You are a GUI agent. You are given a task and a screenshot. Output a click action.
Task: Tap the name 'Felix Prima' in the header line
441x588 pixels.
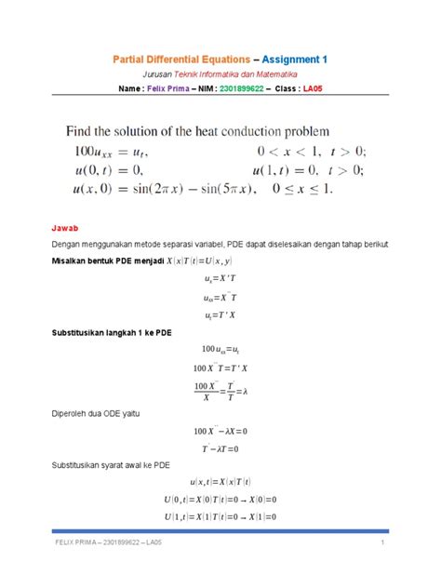(x=175, y=89)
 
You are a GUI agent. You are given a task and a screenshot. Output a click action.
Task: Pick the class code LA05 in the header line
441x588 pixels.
(x=322, y=89)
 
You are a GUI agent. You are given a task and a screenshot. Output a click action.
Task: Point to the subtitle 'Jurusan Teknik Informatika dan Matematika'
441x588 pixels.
(x=220, y=73)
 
